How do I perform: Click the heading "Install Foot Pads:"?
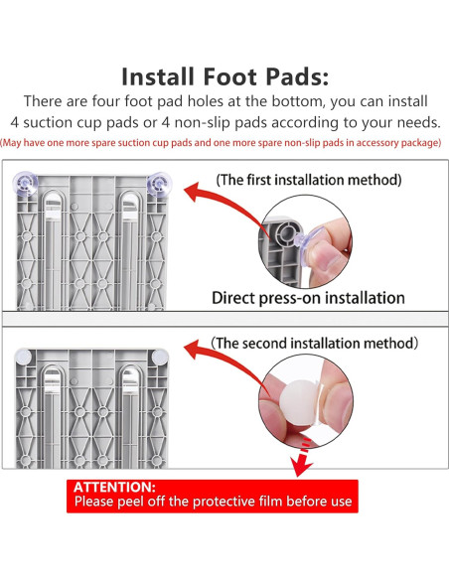[x=224, y=76]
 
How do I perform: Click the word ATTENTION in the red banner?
[x=114, y=488]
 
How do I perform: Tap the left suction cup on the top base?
[x=25, y=184]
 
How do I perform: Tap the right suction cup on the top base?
[x=159, y=184]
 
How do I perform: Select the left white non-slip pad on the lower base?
[x=23, y=357]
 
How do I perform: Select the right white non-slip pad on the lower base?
[x=160, y=357]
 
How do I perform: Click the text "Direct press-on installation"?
[x=308, y=298]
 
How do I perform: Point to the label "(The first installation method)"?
[x=309, y=180]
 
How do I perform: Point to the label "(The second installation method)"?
[x=314, y=343]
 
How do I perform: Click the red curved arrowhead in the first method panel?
[x=192, y=192]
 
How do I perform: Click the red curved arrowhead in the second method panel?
[x=192, y=351]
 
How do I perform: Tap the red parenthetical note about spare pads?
[x=221, y=143]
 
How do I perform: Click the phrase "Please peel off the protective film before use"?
[x=213, y=502]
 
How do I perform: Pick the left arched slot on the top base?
[x=54, y=249]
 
